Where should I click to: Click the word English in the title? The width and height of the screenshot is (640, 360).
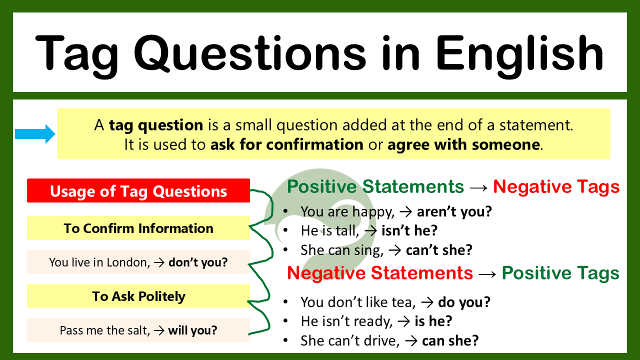[519, 52]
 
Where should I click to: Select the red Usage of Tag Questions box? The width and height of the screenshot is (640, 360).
[138, 191]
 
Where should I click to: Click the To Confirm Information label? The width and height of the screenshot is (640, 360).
[138, 228]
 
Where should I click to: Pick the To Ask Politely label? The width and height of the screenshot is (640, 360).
[138, 296]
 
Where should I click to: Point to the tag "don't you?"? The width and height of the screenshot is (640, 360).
[198, 262]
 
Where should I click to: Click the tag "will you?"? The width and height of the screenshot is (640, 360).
[192, 330]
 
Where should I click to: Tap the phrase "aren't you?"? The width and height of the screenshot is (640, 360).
[454, 211]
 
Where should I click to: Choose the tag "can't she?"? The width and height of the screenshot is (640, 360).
[439, 249]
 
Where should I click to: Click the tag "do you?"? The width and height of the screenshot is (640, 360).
[464, 302]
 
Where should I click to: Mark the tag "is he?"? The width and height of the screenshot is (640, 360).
[433, 321]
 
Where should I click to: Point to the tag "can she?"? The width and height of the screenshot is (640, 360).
[450, 340]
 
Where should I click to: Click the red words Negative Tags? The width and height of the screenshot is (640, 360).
[556, 187]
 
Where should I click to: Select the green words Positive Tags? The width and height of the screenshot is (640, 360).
[560, 273]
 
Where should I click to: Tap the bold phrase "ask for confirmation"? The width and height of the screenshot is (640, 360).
[286, 145]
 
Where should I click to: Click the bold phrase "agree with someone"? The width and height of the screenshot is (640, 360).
[463, 145]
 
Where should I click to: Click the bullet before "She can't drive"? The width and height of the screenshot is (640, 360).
[285, 340]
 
